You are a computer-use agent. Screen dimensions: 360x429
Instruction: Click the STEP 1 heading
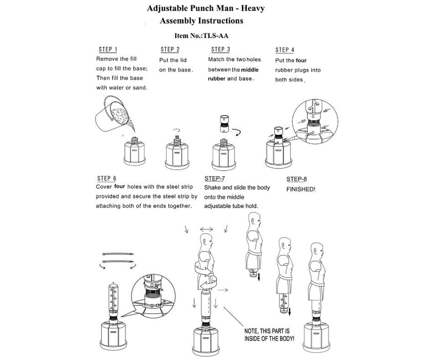(x=108, y=50)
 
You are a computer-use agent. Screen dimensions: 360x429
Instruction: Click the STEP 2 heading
(x=170, y=50)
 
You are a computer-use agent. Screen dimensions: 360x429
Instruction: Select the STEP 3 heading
(x=220, y=49)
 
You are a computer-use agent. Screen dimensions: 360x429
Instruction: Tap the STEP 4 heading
(x=285, y=50)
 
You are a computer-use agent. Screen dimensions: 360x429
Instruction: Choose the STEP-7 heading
(x=215, y=178)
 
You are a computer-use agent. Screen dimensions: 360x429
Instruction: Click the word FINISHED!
(x=301, y=189)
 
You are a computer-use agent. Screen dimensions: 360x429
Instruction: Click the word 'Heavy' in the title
(x=252, y=9)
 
